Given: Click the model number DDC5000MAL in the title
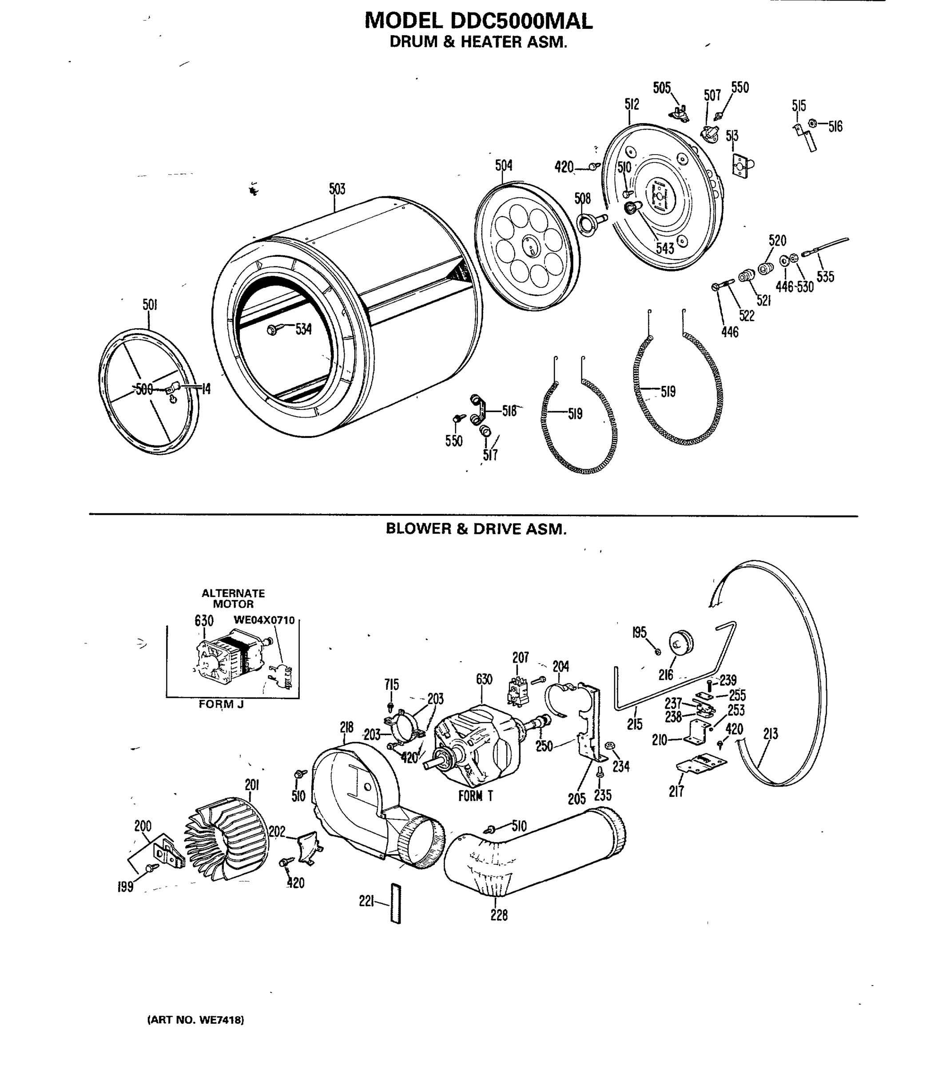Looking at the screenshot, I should (521, 21).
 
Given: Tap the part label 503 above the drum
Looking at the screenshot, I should (337, 189).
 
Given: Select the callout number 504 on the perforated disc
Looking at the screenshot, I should (504, 165).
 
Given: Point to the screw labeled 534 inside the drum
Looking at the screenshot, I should (273, 330).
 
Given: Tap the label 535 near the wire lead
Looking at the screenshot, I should (825, 276).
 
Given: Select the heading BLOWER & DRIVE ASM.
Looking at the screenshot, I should (476, 529).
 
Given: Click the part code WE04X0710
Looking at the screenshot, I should (264, 621).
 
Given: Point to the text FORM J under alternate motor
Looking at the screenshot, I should (221, 704).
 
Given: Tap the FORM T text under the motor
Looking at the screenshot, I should (475, 796).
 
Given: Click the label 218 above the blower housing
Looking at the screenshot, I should (346, 727).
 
